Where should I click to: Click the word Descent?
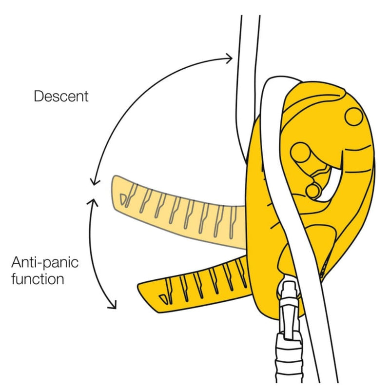61,96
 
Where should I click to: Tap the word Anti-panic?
45,264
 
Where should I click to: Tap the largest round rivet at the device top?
353,116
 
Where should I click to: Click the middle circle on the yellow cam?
300,154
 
